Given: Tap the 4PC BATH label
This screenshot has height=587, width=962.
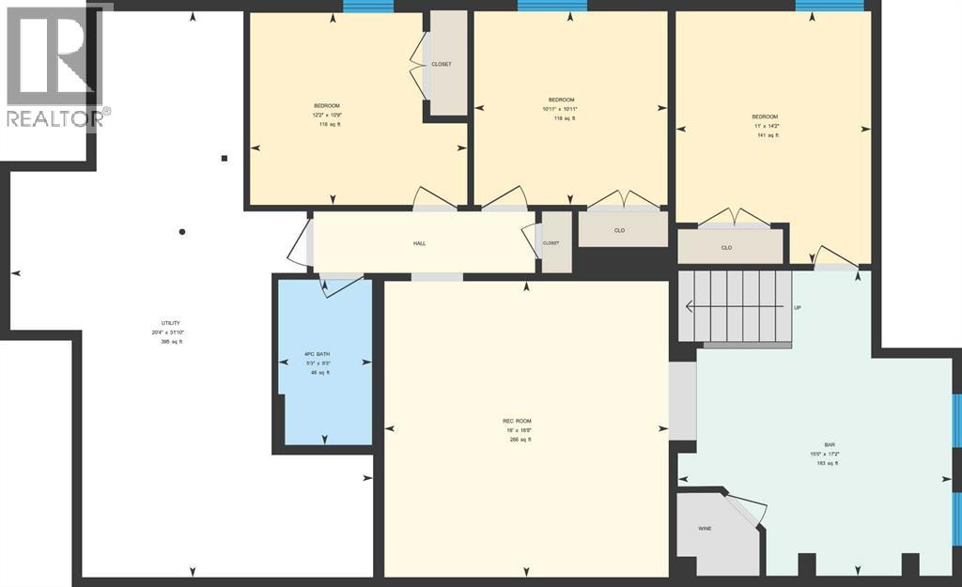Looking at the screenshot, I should click(317, 354).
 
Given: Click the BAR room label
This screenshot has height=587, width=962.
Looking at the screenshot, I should click(815, 446).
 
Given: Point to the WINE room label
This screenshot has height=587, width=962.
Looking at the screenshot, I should click(704, 529).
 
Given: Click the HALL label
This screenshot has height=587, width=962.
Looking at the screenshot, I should click(419, 243).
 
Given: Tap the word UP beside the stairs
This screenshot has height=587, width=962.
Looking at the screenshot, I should click(798, 307).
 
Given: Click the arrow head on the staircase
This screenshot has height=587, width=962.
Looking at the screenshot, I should click(689, 306).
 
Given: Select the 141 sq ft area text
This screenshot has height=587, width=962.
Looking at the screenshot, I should click(768, 135).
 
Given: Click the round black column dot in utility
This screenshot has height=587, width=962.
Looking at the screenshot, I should click(182, 232).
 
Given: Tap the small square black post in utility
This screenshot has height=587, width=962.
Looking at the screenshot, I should click(224, 159).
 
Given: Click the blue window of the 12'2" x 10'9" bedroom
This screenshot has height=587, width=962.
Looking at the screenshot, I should click(367, 7).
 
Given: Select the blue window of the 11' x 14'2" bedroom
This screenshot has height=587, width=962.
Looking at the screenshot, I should click(829, 7).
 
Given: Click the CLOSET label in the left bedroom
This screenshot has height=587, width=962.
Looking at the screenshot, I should click(441, 64).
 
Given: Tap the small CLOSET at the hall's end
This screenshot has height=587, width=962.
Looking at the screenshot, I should click(551, 243).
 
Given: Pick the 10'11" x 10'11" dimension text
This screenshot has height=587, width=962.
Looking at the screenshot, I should click(561, 109).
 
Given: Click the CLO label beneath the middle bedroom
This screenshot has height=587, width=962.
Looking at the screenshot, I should click(619, 230).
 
